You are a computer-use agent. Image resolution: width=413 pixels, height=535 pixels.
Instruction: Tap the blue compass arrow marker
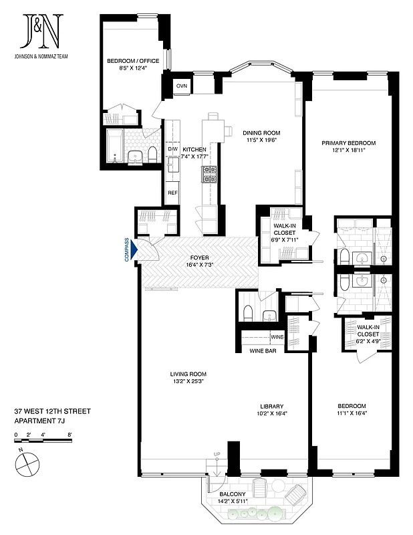tap(136, 250)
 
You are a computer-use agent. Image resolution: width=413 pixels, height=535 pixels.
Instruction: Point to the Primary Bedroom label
tap(348, 143)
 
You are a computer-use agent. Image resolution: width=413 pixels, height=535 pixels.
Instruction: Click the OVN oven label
tap(181, 87)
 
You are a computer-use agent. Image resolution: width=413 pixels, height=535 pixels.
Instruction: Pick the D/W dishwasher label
tap(172, 149)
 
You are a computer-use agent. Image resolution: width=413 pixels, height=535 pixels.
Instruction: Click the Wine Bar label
tap(263, 350)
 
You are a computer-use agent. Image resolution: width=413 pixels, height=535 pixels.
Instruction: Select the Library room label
tap(272, 406)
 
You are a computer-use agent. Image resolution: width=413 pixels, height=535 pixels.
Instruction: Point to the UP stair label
tap(217, 455)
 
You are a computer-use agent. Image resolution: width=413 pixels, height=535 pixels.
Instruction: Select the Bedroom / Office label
tap(133, 61)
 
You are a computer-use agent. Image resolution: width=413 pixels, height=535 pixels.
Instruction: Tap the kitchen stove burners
tap(211, 175)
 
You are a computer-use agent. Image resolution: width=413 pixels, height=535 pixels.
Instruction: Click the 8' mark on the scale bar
tap(70, 435)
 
